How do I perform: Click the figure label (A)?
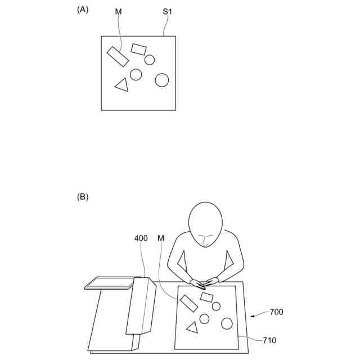(83, 9)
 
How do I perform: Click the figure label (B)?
(83, 197)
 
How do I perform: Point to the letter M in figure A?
(118, 11)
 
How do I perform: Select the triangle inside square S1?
(122, 85)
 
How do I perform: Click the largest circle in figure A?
(162, 80)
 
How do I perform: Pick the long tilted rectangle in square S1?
(118, 57)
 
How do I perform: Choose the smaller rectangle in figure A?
(138, 49)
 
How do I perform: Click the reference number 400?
(141, 238)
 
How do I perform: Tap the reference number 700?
(276, 312)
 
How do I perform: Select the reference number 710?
(269, 340)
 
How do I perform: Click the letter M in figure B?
(161, 238)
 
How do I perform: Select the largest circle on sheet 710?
(227, 323)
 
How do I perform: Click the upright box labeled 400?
(140, 307)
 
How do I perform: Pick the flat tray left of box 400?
(110, 282)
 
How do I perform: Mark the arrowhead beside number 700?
(253, 316)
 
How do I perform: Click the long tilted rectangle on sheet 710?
(188, 303)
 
